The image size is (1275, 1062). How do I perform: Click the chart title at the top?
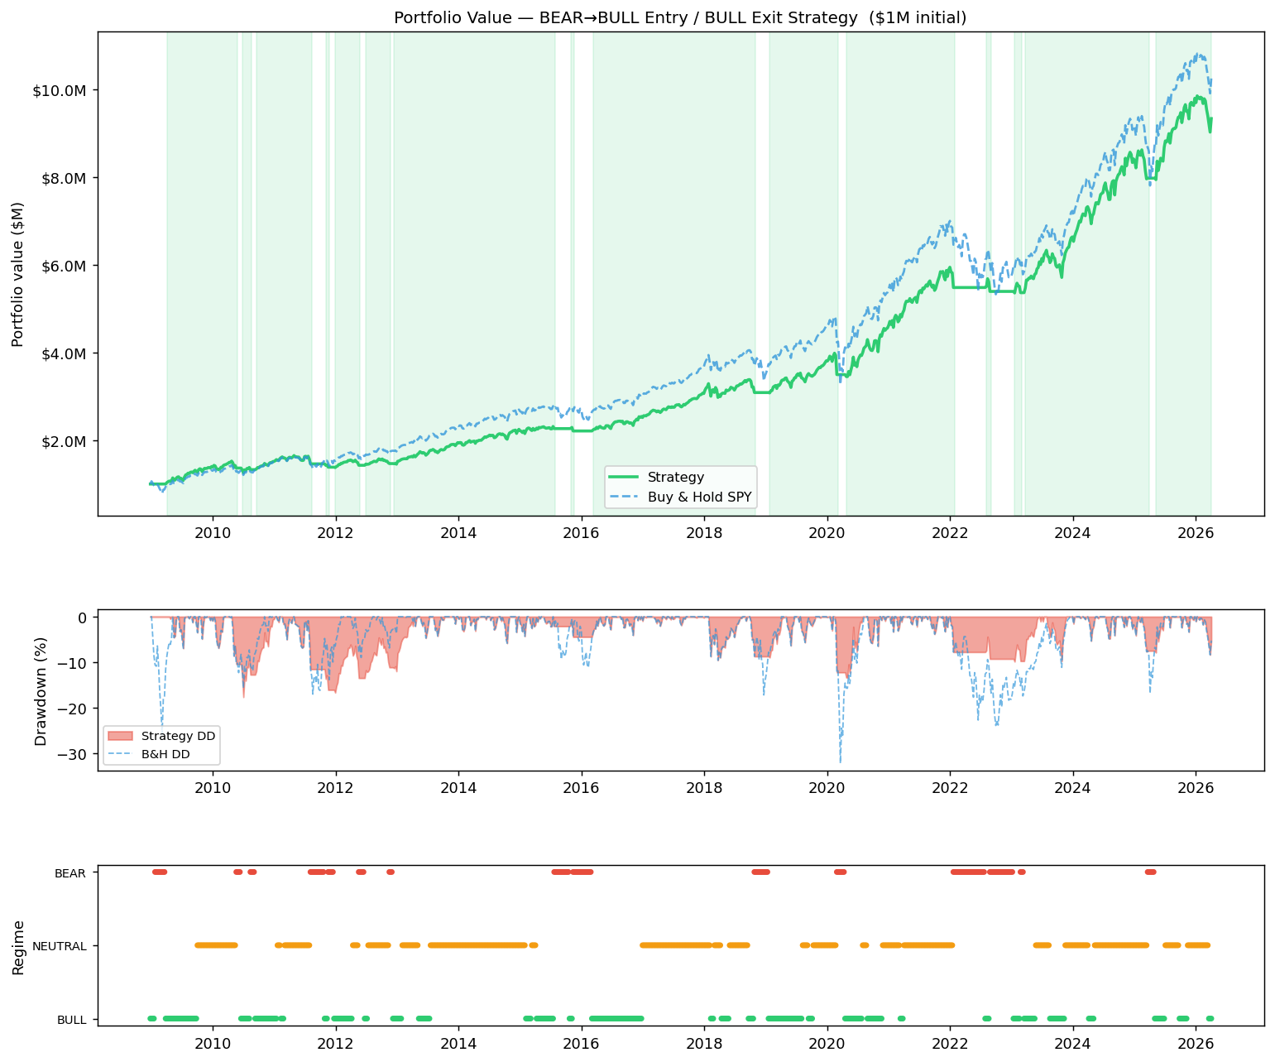click(680, 17)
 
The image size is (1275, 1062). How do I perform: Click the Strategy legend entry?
click(675, 477)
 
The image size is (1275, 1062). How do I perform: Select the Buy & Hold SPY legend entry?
click(699, 496)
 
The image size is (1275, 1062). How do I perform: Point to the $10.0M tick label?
click(59, 90)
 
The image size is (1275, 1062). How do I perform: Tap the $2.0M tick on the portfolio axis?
click(62, 441)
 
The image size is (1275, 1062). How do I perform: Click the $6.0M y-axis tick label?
click(62, 266)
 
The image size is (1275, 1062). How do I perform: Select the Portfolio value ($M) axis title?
click(17, 274)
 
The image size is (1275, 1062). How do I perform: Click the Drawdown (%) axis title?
click(40, 690)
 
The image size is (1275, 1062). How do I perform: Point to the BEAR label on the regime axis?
click(70, 872)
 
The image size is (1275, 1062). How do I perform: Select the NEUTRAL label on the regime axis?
click(60, 946)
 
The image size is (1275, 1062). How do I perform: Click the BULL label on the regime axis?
click(71, 1020)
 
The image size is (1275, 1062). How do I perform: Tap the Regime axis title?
click(17, 946)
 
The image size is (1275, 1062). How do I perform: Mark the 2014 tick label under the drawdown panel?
click(458, 786)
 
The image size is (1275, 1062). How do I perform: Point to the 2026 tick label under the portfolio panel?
click(1195, 531)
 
